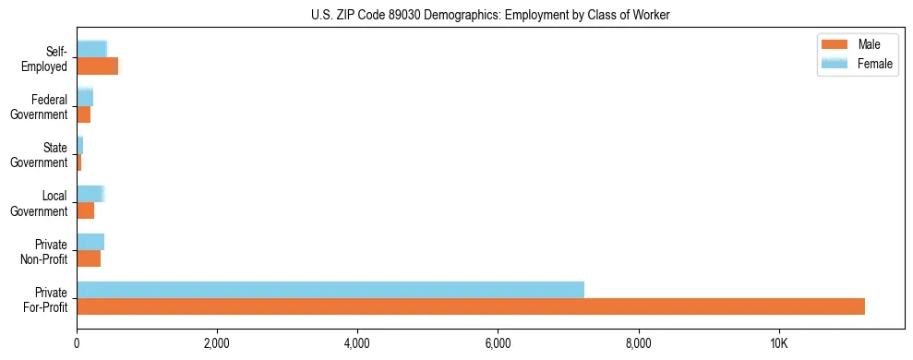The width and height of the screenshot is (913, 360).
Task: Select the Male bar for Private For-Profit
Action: click(471, 306)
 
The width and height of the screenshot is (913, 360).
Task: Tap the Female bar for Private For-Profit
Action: click(330, 290)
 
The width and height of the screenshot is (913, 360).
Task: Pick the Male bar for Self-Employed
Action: click(98, 66)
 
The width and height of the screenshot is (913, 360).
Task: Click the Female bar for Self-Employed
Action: click(92, 49)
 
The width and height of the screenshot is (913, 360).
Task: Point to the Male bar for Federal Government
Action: click(84, 114)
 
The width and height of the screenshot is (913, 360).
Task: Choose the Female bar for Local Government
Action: click(90, 193)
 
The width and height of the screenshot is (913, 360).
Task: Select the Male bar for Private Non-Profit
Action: click(89, 258)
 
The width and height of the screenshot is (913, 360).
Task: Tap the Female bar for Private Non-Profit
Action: click(90, 242)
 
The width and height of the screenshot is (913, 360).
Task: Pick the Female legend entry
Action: click(859, 64)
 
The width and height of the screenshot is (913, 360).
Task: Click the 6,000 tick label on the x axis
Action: click(498, 345)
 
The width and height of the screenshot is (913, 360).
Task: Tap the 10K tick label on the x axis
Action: click(778, 345)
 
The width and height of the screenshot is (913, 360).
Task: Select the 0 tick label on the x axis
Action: click(77, 345)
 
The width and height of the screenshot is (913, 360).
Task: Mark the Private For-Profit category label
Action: click(45, 299)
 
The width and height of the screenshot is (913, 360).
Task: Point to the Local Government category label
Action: click(43, 203)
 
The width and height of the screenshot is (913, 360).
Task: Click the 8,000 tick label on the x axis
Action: click(638, 345)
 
